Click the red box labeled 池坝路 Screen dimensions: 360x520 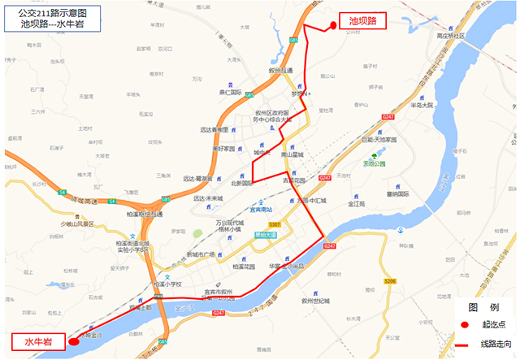point(362,21)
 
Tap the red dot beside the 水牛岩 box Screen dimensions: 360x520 point(74,341)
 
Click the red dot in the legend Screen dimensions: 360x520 point(465,326)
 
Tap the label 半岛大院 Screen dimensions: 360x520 point(422,106)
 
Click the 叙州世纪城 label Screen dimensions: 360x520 point(315,301)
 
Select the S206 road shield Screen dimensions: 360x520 point(391,281)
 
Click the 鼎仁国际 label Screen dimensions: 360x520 point(232,93)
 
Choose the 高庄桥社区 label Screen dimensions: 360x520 point(450,37)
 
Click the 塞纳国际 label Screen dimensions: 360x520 point(397,194)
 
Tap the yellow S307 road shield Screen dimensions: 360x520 point(275,223)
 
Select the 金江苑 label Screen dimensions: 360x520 point(357,204)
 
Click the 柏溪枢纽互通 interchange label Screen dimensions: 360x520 point(142,214)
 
